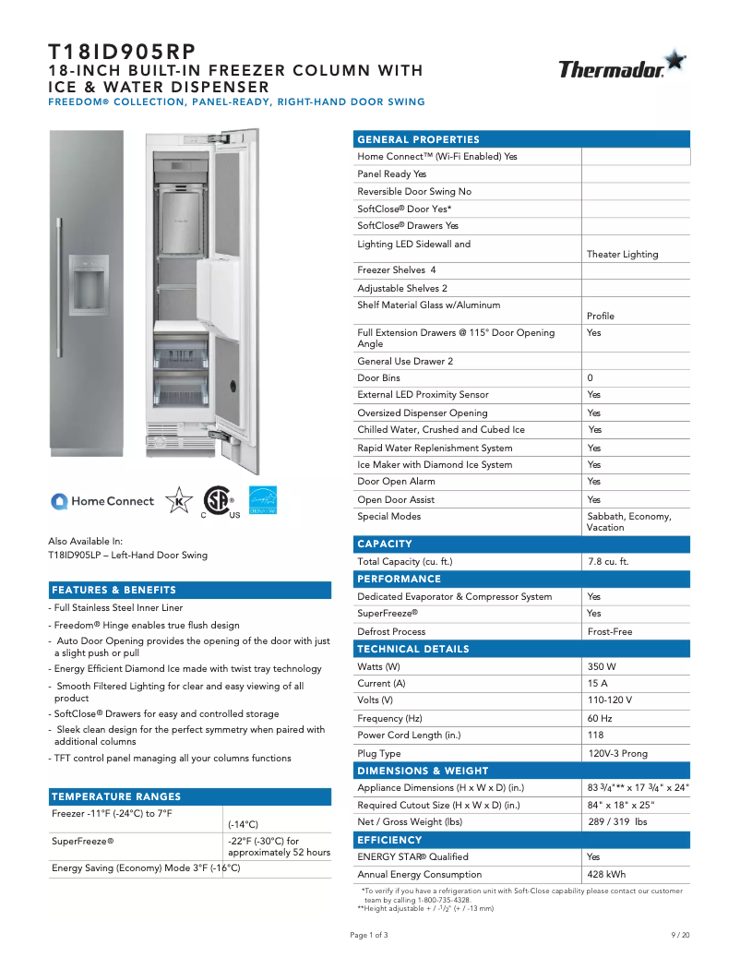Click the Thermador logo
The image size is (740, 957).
pos(621,66)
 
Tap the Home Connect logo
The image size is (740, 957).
pos(102,501)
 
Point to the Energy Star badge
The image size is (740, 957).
pos(263,500)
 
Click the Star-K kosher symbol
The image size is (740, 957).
pos(178,500)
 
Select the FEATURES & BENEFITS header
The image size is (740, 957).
pos(113,590)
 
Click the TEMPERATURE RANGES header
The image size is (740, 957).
pos(116,796)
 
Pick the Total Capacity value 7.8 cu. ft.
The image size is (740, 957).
pos(608,561)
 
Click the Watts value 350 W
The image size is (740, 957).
pos(602,666)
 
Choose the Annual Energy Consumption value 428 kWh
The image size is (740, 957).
pos(606,874)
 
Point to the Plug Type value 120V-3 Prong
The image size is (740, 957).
pos(617,753)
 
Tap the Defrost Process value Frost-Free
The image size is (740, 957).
pos(610,631)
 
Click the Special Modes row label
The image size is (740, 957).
pos(388,517)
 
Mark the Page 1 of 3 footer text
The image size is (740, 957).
pos(369,935)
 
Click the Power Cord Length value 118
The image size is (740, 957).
pos(596,736)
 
